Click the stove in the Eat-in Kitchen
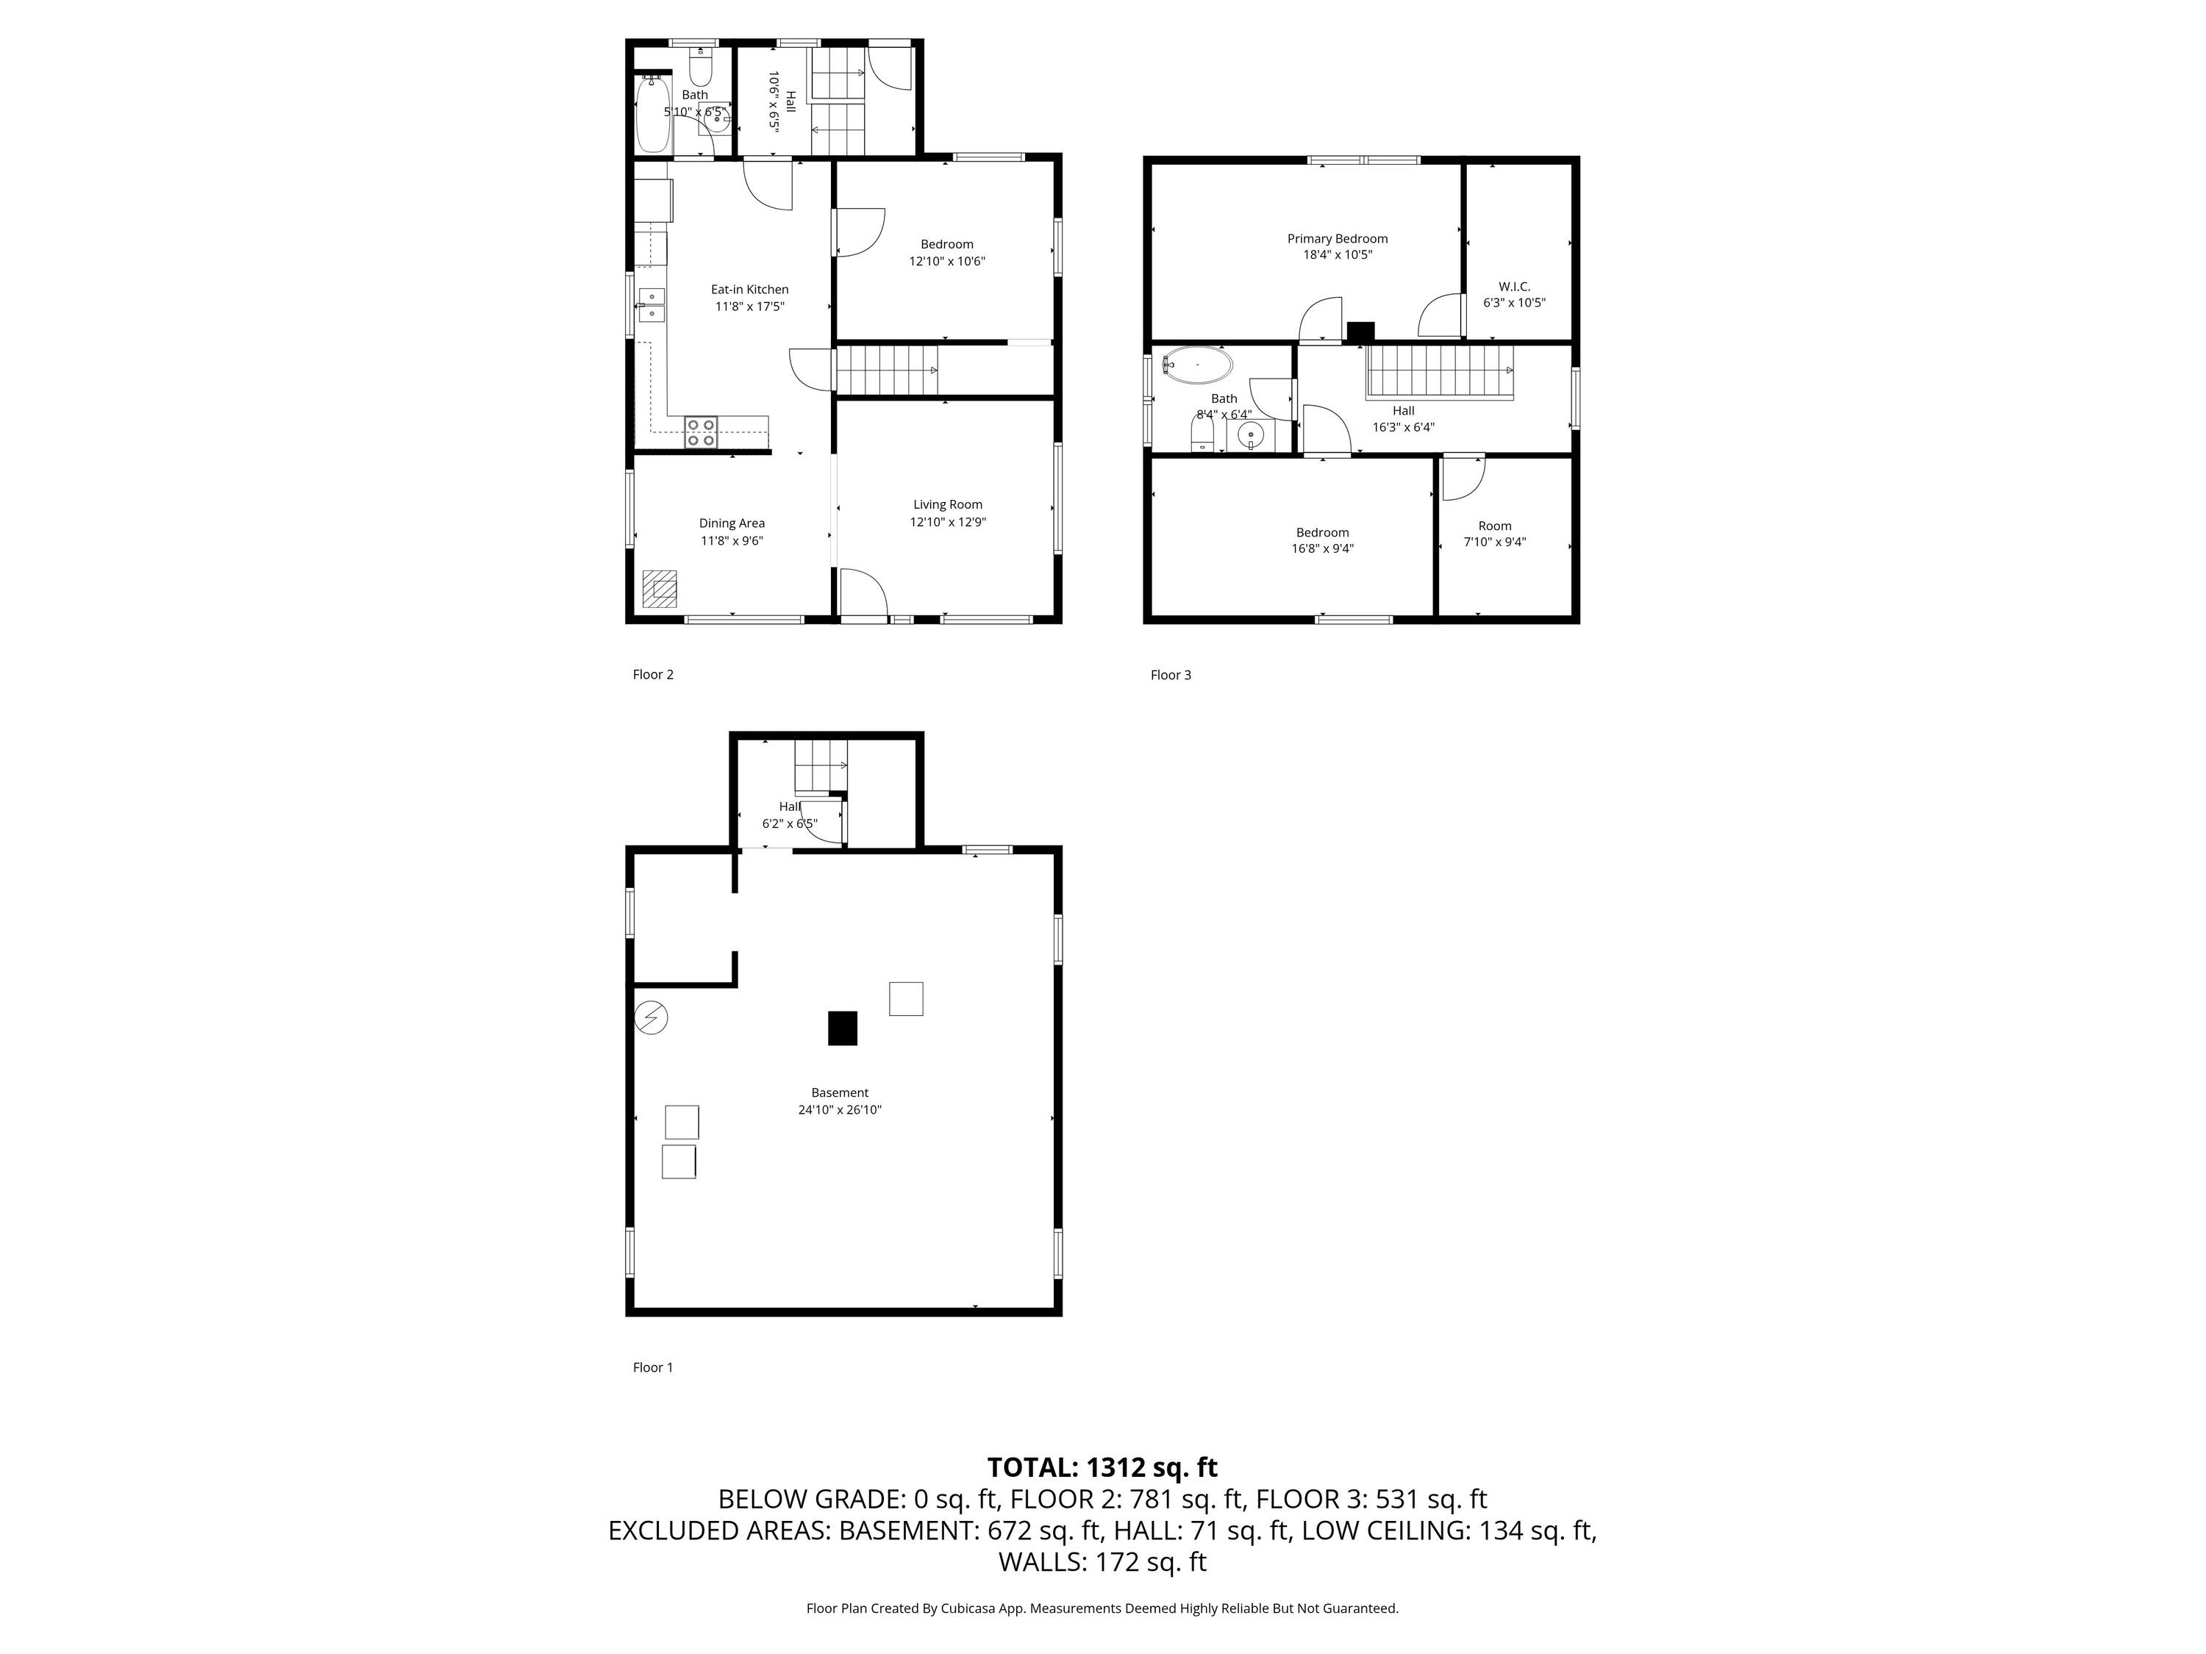tap(700, 432)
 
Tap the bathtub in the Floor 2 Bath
tap(653, 115)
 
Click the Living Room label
tap(947, 504)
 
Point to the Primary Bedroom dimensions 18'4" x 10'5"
tap(1338, 255)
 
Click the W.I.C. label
tap(1514, 286)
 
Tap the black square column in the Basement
tap(843, 1028)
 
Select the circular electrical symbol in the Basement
tap(652, 1017)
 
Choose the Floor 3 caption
tap(1171, 675)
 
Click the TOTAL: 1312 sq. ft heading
tap(1102, 1467)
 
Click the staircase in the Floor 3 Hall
tap(1440, 372)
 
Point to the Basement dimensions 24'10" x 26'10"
tap(840, 1109)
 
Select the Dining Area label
tap(732, 523)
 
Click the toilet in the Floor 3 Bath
tap(1202, 434)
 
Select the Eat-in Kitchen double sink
tap(652, 305)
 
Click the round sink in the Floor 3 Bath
tap(1252, 434)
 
